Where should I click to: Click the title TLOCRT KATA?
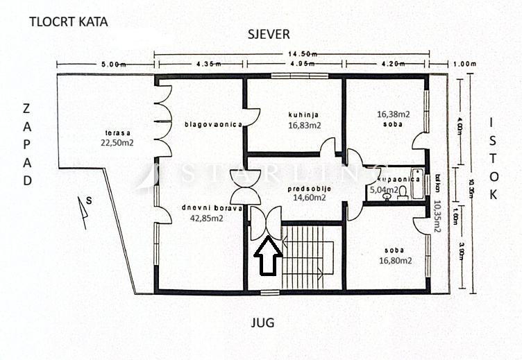(x=69, y=22)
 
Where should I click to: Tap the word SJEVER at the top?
(x=269, y=34)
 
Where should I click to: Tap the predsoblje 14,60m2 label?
(x=308, y=193)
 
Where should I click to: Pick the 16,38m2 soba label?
(x=393, y=119)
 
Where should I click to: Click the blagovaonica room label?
(x=212, y=125)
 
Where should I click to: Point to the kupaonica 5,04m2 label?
(x=394, y=184)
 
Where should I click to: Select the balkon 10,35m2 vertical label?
(x=437, y=208)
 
